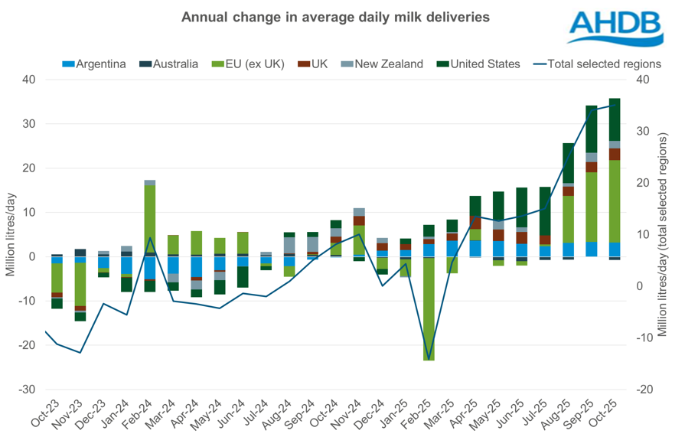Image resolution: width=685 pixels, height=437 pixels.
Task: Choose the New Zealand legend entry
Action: (x=385, y=64)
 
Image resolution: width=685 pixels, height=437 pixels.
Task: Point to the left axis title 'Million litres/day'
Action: (x=12, y=233)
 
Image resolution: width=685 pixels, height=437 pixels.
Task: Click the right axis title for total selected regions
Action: (x=663, y=233)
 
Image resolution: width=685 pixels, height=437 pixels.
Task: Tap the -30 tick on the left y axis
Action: (x=28, y=390)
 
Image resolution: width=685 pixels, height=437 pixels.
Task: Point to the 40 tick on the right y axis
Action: (x=643, y=80)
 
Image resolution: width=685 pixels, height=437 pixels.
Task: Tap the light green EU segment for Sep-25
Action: (x=592, y=207)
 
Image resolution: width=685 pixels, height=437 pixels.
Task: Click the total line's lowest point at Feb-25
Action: (x=429, y=357)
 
